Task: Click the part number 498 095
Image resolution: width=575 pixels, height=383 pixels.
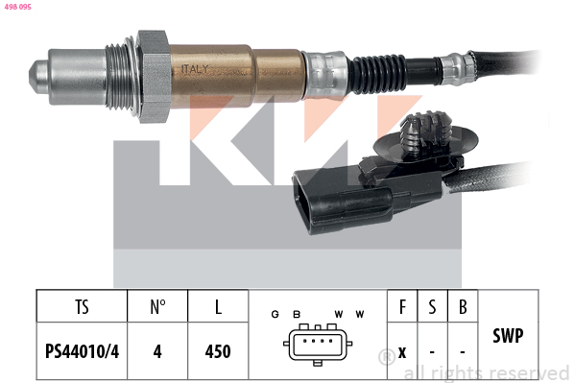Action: [x=17, y=7]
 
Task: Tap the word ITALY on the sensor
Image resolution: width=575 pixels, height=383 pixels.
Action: [x=195, y=69]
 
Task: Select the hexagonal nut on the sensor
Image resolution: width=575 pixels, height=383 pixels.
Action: [x=153, y=77]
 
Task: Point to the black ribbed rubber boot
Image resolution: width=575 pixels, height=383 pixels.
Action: [x=377, y=75]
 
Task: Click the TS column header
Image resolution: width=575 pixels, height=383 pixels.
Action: [x=82, y=307]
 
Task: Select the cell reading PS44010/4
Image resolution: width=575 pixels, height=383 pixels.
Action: [x=82, y=351]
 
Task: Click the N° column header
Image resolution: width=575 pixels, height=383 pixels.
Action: [x=157, y=307]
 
